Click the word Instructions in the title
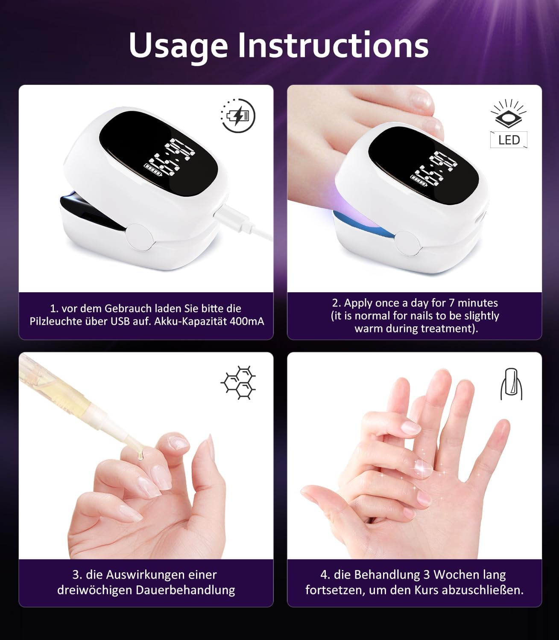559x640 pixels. click(333, 45)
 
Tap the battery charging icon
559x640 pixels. click(238, 116)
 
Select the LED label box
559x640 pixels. click(509, 140)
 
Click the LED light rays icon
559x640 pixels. click(509, 113)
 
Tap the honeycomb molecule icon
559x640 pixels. click(238, 382)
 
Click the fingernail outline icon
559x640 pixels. click(511, 384)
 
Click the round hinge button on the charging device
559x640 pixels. click(141, 237)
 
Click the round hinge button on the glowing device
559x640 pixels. click(408, 244)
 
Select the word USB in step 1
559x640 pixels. click(121, 321)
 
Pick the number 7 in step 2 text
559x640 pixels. click(451, 303)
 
